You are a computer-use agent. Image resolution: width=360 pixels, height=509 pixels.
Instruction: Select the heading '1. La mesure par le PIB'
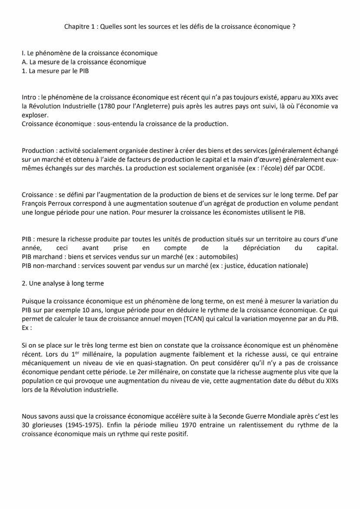(55, 71)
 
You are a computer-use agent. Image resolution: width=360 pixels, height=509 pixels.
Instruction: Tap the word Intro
(30, 98)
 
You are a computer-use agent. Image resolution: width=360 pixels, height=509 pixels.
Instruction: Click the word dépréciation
(261, 248)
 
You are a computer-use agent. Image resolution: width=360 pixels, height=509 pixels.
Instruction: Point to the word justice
(234, 266)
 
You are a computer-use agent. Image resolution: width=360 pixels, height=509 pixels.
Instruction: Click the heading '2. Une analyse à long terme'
(63, 283)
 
